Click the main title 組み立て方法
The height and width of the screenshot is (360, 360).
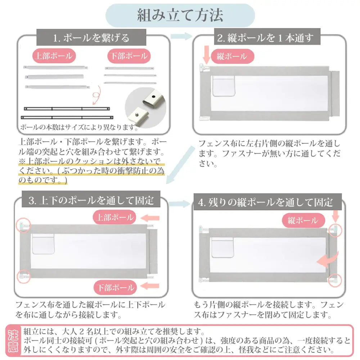(180, 15)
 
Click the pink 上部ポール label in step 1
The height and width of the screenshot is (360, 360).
(55, 56)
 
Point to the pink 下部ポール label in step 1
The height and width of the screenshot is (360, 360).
(129, 56)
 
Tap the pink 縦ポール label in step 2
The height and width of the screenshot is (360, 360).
(231, 56)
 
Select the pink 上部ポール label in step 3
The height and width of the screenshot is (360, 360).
(114, 217)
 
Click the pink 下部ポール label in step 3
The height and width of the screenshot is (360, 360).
(114, 287)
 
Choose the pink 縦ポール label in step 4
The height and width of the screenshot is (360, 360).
(302, 220)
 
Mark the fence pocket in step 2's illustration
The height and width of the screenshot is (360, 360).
(224, 86)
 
